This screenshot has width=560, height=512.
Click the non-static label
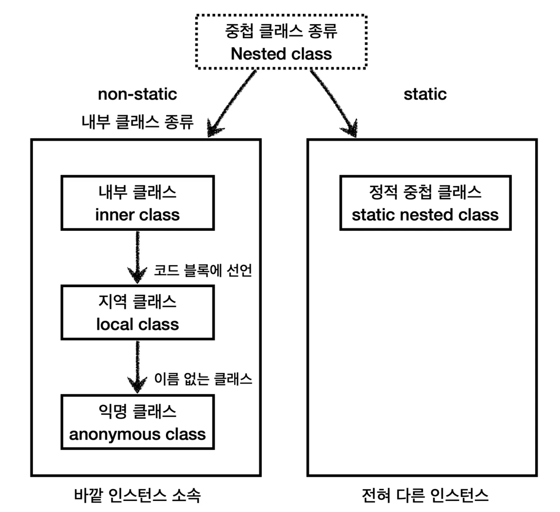coord(138,94)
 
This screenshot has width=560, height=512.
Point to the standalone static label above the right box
coord(425,94)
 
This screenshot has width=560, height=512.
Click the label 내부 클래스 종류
coord(138,122)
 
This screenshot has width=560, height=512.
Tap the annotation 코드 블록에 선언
coord(203,271)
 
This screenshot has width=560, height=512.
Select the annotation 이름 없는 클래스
coord(203,379)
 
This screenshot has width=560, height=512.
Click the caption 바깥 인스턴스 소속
coord(138,495)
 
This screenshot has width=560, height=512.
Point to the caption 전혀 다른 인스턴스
coord(425,495)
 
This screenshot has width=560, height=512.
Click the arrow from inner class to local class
coord(138,257)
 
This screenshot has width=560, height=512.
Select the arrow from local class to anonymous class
coord(138,367)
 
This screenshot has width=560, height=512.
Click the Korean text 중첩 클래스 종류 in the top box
coord(281,31)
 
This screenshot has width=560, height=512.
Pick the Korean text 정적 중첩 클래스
coord(425,192)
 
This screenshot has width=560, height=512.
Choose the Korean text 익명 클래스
coord(138,412)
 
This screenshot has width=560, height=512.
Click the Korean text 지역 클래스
coord(138,302)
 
